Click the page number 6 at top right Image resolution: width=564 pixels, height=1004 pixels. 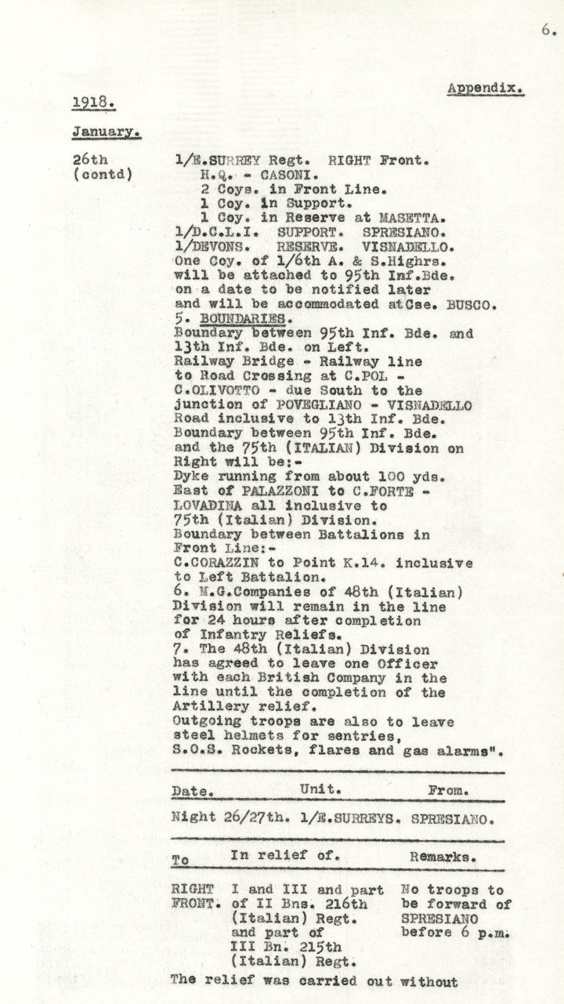pyautogui.click(x=545, y=31)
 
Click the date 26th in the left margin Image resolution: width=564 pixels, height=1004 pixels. pyautogui.click(x=90, y=160)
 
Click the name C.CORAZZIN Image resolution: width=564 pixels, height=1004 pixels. pyautogui.click(x=218, y=564)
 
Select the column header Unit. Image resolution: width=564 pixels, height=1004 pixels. pyautogui.click(x=320, y=789)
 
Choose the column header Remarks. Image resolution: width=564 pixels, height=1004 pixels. pyautogui.click(x=442, y=857)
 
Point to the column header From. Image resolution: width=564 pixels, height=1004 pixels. pyautogui.click(x=449, y=790)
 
